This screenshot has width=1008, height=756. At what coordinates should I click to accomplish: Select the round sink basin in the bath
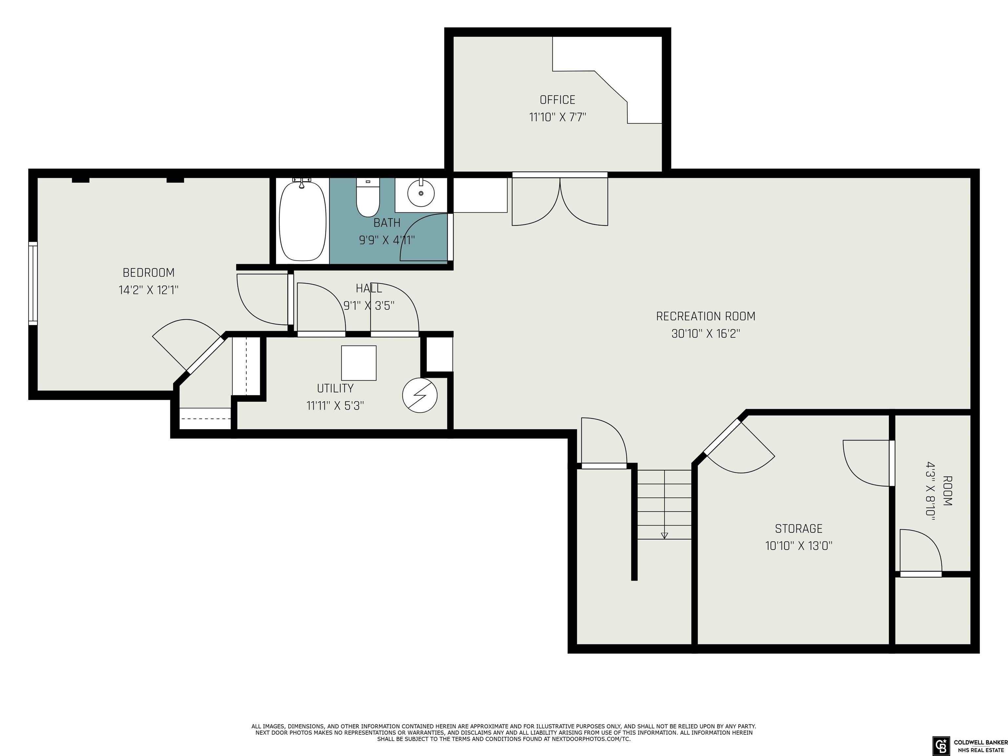421,194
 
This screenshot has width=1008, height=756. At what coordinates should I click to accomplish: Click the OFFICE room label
557,100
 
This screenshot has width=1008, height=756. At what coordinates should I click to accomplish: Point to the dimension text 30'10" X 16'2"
705,334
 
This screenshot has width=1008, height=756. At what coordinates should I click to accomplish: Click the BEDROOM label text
149,272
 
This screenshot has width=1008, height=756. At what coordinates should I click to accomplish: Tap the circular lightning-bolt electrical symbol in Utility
420,395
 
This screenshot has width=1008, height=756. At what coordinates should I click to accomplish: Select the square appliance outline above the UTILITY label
359,363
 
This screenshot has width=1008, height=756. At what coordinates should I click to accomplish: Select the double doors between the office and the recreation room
559,200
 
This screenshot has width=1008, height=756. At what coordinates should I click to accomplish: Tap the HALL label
369,288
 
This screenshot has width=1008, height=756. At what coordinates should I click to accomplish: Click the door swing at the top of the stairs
604,442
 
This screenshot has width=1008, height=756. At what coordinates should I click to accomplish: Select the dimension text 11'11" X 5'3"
335,406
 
